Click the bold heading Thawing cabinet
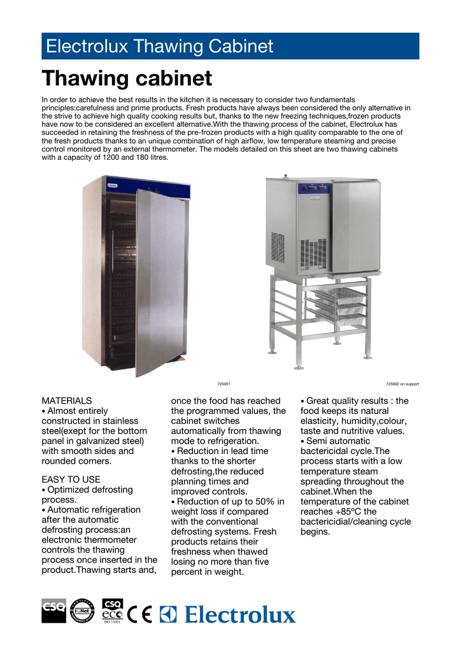(127, 79)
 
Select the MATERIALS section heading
(66, 401)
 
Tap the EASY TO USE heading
(71, 479)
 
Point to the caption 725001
(223, 384)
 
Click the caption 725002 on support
(402, 384)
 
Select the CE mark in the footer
(139, 614)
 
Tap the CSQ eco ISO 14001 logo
(112, 614)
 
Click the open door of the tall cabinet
(160, 280)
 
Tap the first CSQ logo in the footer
(53, 610)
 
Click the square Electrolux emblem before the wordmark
(168, 614)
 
